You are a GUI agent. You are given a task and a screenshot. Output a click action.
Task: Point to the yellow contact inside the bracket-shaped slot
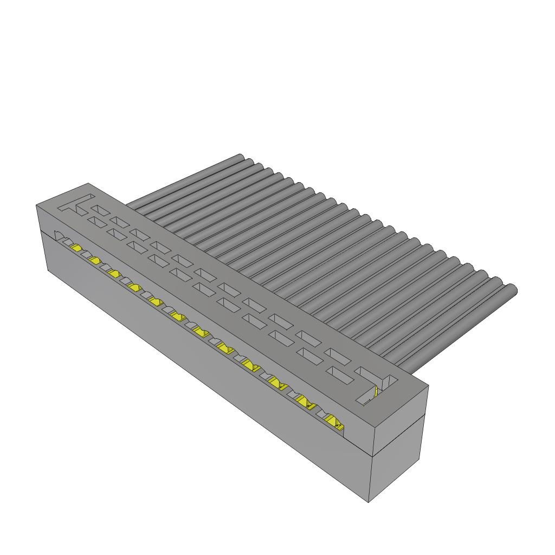(x=376, y=391)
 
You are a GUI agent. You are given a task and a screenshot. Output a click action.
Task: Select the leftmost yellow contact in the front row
(x=76, y=248)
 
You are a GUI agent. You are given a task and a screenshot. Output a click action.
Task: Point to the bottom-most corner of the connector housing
(x=369, y=502)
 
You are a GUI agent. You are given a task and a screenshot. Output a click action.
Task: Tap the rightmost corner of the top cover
(x=429, y=385)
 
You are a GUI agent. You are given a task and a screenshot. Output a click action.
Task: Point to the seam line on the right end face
(x=399, y=434)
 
